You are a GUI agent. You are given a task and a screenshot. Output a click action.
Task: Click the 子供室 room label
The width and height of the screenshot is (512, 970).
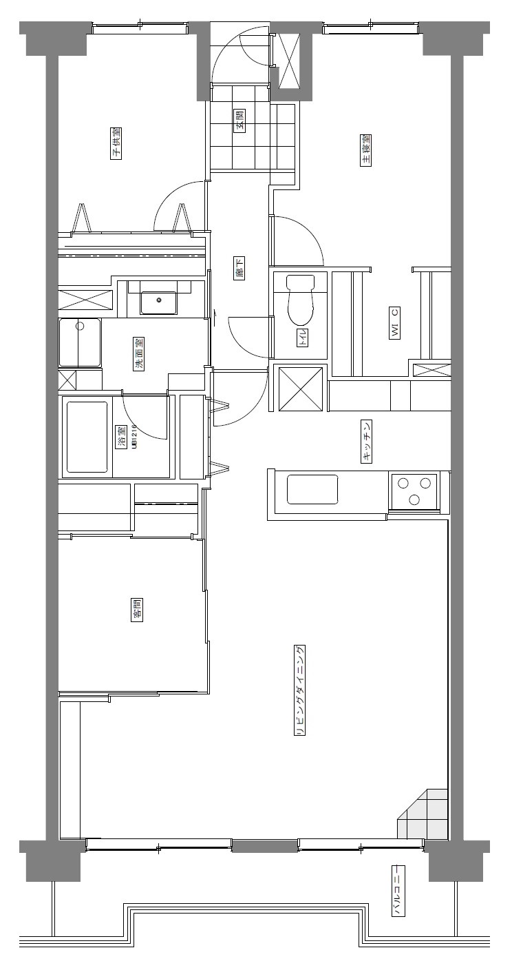[116, 143]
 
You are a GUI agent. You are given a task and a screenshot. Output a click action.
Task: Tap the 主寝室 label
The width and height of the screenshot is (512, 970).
[365, 150]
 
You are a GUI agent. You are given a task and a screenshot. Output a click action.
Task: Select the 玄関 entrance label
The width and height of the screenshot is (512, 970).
[239, 121]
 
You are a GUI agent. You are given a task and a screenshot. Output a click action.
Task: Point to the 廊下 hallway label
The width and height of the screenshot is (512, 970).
[239, 268]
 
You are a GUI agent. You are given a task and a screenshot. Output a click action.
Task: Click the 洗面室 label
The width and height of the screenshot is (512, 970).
[139, 354]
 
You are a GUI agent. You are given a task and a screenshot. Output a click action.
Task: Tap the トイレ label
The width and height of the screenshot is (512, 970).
[303, 338]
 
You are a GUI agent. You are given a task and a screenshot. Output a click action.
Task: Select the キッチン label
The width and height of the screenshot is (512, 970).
[366, 442]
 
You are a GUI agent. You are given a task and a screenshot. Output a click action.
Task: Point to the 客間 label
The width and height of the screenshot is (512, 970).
[137, 610]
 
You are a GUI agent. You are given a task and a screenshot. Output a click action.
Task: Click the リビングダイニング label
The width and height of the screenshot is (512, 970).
[300, 690]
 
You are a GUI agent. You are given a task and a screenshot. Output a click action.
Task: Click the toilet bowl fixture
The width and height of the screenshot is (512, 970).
[299, 299]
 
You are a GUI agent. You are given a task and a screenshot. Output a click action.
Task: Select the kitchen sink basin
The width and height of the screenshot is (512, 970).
[312, 489]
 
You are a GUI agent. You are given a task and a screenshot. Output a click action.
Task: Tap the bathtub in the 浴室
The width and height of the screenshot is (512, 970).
[87, 437]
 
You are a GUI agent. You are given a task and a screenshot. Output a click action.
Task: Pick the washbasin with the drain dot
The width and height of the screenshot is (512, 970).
[158, 302]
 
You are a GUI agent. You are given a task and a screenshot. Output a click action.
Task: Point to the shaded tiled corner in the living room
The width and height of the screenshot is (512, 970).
[423, 814]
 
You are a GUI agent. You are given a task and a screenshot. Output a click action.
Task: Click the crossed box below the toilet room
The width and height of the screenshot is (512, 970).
[301, 389]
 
